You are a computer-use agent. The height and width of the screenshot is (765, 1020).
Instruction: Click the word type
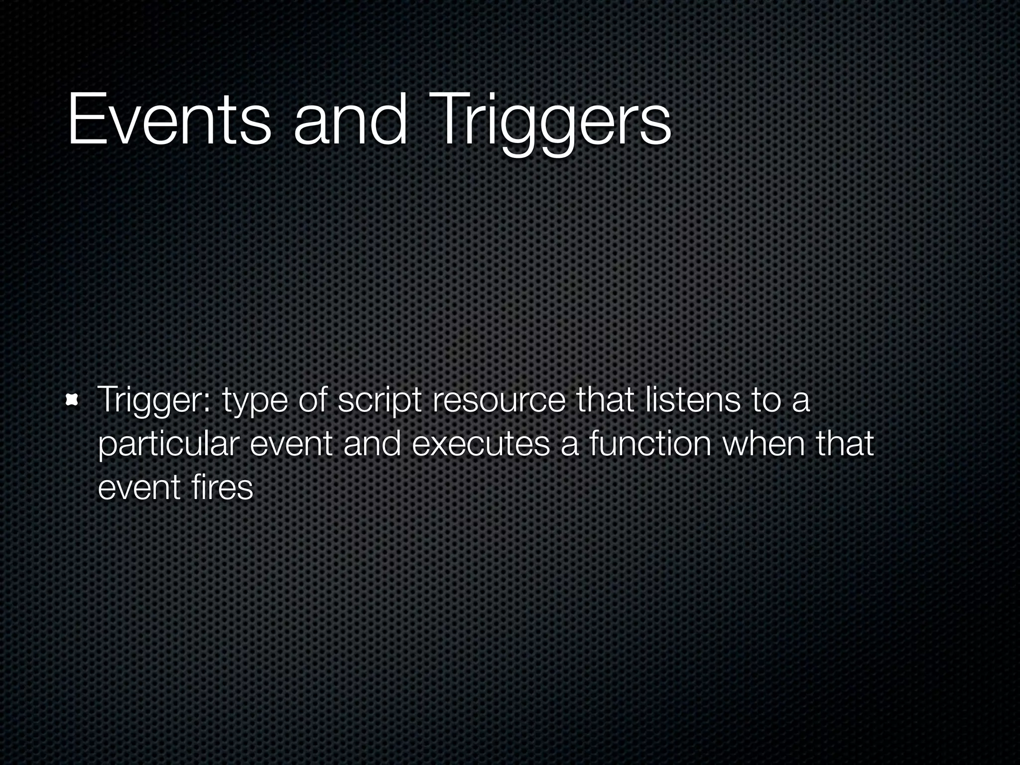[255, 403]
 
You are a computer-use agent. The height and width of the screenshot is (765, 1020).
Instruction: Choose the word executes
[481, 444]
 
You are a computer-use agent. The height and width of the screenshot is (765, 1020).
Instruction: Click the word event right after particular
[291, 444]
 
